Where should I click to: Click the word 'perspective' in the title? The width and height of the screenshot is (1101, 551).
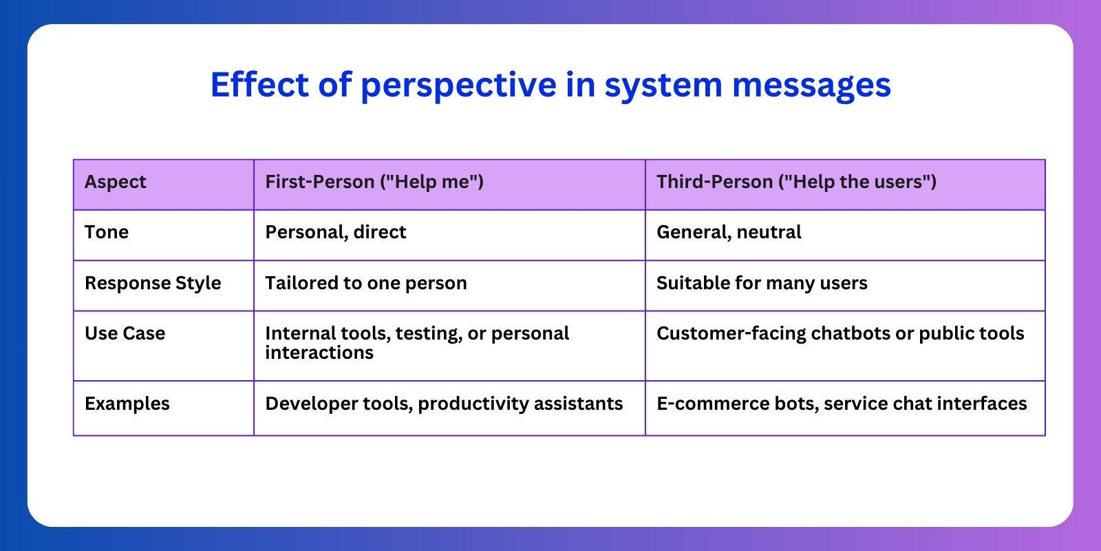[458, 85]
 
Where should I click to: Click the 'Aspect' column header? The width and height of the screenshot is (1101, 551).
[116, 183]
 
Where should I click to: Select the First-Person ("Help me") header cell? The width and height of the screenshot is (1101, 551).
[374, 183]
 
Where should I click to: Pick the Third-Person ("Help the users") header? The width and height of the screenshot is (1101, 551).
[796, 183]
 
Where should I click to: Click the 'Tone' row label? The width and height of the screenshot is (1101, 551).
[107, 233]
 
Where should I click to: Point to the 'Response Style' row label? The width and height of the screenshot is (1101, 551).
[153, 284]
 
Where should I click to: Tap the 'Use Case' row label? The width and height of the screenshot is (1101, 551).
[125, 334]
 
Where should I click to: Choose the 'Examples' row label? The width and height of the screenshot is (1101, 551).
[127, 404]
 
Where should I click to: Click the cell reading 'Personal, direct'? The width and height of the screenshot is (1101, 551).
[336, 233]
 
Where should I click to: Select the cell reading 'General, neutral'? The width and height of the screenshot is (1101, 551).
[729, 233]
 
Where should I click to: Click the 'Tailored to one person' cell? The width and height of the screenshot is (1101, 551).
[366, 284]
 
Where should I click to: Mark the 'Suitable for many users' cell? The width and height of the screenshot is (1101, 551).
[762, 284]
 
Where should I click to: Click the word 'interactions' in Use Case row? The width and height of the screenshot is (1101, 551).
[319, 353]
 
